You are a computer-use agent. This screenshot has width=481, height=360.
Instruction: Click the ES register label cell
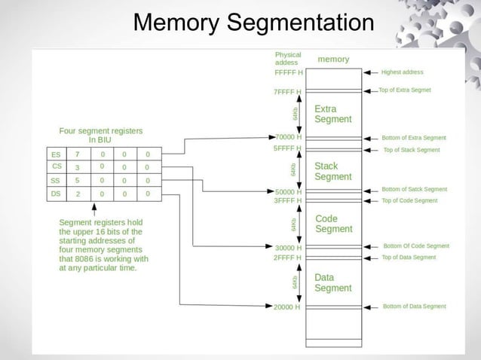click(56, 154)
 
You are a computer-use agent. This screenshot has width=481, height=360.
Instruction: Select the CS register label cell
click(56, 167)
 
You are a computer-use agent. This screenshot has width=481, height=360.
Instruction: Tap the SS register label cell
click(56, 181)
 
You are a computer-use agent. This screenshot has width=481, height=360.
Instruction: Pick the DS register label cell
click(56, 194)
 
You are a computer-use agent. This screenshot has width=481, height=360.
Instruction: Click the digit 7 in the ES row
click(78, 154)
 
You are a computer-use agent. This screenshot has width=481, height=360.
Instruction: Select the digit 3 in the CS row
click(78, 167)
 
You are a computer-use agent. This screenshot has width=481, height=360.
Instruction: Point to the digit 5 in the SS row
click(78, 181)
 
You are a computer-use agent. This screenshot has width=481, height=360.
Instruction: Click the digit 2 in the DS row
click(78, 194)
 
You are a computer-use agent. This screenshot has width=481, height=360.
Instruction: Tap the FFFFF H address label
click(288, 73)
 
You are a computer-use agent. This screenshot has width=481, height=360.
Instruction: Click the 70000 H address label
click(290, 138)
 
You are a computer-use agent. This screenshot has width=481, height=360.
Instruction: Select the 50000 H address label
click(290, 191)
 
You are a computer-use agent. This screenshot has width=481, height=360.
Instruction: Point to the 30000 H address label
click(290, 247)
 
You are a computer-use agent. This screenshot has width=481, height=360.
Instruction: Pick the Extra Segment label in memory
click(332, 114)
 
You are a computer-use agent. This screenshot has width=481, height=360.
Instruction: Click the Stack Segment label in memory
click(332, 171)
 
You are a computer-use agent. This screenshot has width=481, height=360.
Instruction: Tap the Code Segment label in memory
click(332, 224)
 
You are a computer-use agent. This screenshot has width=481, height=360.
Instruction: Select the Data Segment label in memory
click(332, 282)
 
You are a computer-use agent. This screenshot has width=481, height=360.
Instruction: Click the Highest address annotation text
click(403, 72)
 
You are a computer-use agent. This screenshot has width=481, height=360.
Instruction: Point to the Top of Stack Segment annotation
click(412, 150)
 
